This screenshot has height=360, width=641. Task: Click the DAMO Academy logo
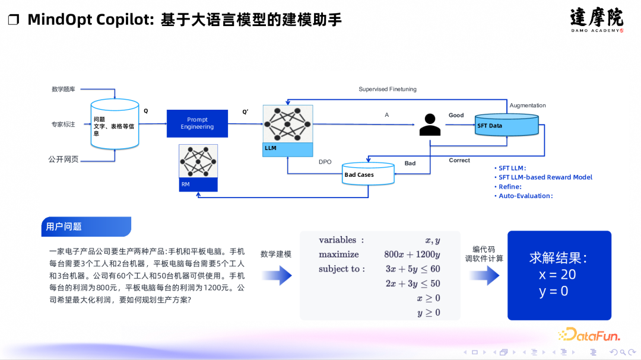596,20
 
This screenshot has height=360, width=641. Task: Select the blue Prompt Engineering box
197,123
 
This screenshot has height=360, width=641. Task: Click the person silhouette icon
429,124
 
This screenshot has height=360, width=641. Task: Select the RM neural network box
198,168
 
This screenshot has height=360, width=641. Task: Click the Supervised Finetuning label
388,89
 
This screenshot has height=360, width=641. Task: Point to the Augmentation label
528,106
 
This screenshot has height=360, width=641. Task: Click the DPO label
325,162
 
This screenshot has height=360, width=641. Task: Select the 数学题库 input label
64,89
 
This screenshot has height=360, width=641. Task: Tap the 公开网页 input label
63,159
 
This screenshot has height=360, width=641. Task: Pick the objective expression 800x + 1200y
412,254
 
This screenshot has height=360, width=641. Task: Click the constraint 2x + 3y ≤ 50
412,283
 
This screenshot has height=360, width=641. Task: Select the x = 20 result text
557,275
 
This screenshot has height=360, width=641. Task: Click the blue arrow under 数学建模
277,275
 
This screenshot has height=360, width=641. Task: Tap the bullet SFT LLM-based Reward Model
545,177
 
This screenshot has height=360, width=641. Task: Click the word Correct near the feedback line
459,160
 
